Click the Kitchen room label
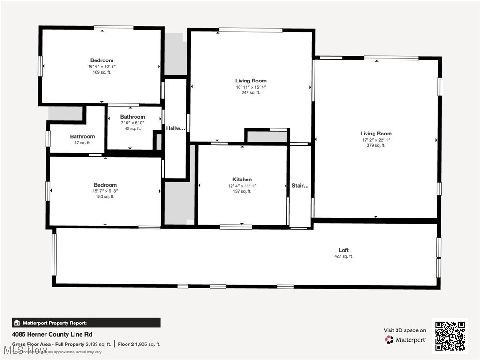coord(242,180)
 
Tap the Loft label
coord(344,250)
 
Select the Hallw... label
coord(175,128)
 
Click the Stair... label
coord(300,186)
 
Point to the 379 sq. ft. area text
coord(376,145)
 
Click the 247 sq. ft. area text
coord(251,93)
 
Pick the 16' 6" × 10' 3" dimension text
coord(102,67)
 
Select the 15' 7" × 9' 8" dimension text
coord(105,191)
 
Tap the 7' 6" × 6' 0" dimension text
coord(133,123)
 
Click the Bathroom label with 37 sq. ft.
coord(82,137)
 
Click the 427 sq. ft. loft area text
coord(344,256)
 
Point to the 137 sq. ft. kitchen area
coord(242,191)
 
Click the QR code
coord(450,336)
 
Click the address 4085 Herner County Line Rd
coord(52,334)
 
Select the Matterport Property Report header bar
coord(86,322)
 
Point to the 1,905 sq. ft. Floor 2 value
coord(148,345)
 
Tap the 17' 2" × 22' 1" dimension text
coord(376,140)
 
